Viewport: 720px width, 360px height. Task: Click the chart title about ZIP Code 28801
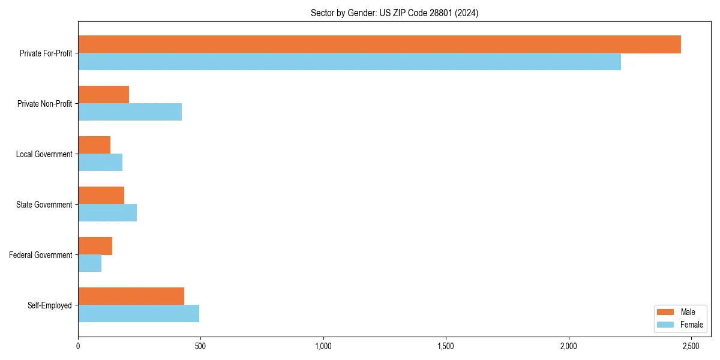(394, 13)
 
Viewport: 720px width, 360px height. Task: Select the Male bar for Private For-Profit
(379, 44)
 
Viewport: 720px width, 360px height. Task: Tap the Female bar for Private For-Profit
(349, 62)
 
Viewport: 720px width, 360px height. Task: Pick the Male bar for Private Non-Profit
(103, 95)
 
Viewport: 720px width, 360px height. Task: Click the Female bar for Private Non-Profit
(130, 112)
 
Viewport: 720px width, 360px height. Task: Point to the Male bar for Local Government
(94, 145)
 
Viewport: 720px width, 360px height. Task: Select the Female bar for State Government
(107, 213)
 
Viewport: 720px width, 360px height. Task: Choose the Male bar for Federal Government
(95, 246)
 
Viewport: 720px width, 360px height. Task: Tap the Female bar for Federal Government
(89, 263)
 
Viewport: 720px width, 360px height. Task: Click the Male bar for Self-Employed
(131, 296)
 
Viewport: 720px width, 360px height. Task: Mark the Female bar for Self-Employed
(139, 314)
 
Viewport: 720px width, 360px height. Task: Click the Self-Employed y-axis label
(50, 305)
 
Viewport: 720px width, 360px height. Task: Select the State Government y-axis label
(44, 205)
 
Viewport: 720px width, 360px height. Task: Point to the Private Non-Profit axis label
(44, 104)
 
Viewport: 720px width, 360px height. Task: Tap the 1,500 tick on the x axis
(446, 346)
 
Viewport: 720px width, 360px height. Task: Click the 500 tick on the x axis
(200, 346)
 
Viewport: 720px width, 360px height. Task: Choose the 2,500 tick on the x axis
(691, 346)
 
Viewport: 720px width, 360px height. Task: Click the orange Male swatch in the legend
(666, 312)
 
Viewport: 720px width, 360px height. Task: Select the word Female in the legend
(692, 325)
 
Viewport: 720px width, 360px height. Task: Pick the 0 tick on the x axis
(78, 346)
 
